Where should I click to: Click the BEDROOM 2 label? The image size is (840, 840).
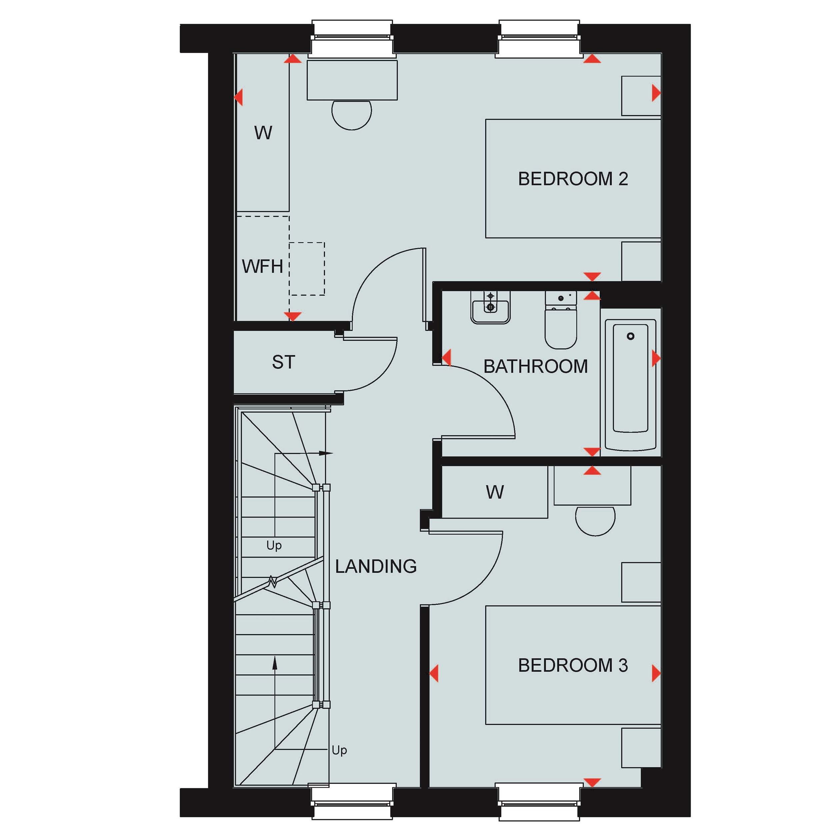(x=573, y=179)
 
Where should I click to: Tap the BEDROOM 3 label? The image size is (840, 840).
(x=573, y=665)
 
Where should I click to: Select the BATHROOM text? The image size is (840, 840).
(x=535, y=367)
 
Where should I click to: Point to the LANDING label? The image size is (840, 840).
(x=376, y=566)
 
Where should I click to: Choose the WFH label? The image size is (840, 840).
(x=262, y=267)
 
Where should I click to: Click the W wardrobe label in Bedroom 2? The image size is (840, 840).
(x=263, y=133)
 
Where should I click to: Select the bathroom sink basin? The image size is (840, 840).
(x=490, y=307)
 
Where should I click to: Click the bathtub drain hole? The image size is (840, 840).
(x=630, y=336)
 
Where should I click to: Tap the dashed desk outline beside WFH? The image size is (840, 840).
(x=307, y=269)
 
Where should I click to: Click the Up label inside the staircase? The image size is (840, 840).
(x=274, y=546)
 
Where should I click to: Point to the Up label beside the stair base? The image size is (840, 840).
(x=339, y=750)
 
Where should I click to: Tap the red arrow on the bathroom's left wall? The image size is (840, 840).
(x=446, y=357)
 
